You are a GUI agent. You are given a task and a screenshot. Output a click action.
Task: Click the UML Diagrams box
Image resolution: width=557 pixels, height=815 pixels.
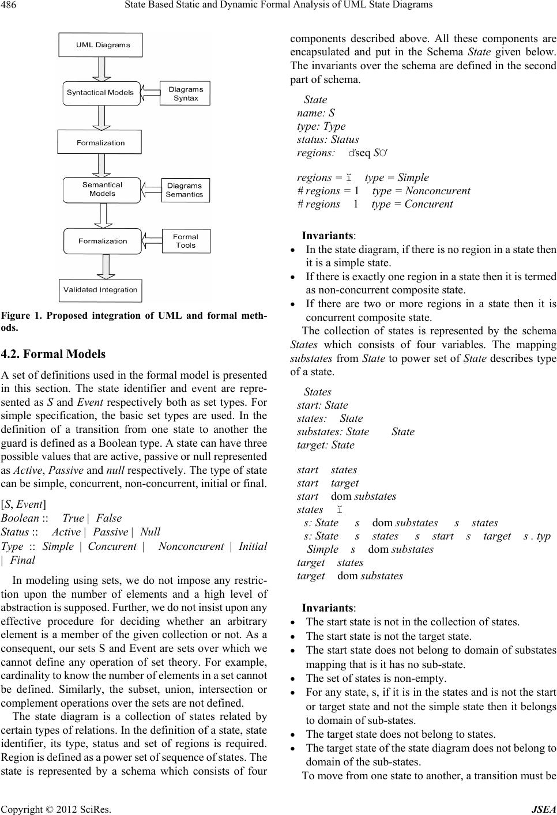(x=100, y=45)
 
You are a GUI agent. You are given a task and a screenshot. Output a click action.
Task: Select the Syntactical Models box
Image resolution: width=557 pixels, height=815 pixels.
(x=100, y=92)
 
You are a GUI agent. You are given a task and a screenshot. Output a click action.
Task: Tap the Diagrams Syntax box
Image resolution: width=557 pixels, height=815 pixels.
(x=186, y=93)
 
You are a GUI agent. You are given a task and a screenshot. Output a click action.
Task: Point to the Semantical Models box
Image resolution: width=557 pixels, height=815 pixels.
(x=101, y=190)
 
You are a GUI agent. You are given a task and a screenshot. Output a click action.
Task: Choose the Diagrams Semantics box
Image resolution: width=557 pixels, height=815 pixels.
(x=185, y=190)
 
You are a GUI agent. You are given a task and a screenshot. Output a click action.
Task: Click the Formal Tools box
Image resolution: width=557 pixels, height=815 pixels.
(x=185, y=241)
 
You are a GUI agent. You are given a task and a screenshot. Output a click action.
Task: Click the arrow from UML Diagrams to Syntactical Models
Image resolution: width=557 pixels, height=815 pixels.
(x=101, y=69)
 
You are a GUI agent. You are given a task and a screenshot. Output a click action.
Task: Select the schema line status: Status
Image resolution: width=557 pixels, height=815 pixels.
(x=328, y=139)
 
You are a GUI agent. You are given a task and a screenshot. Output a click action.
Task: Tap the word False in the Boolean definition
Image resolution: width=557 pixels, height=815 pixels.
(x=109, y=518)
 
